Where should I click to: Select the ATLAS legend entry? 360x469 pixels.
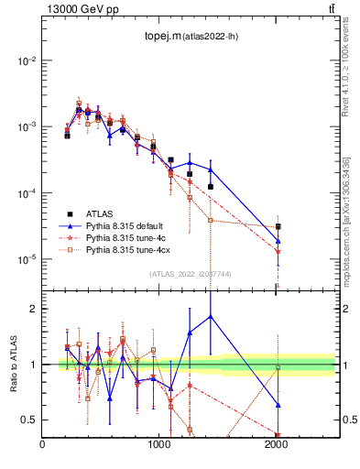pyautogui.click(x=98, y=213)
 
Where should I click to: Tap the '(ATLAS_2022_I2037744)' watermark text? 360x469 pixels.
pyautogui.click(x=189, y=273)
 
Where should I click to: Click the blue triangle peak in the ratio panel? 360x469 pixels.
pyautogui.click(x=211, y=316)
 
